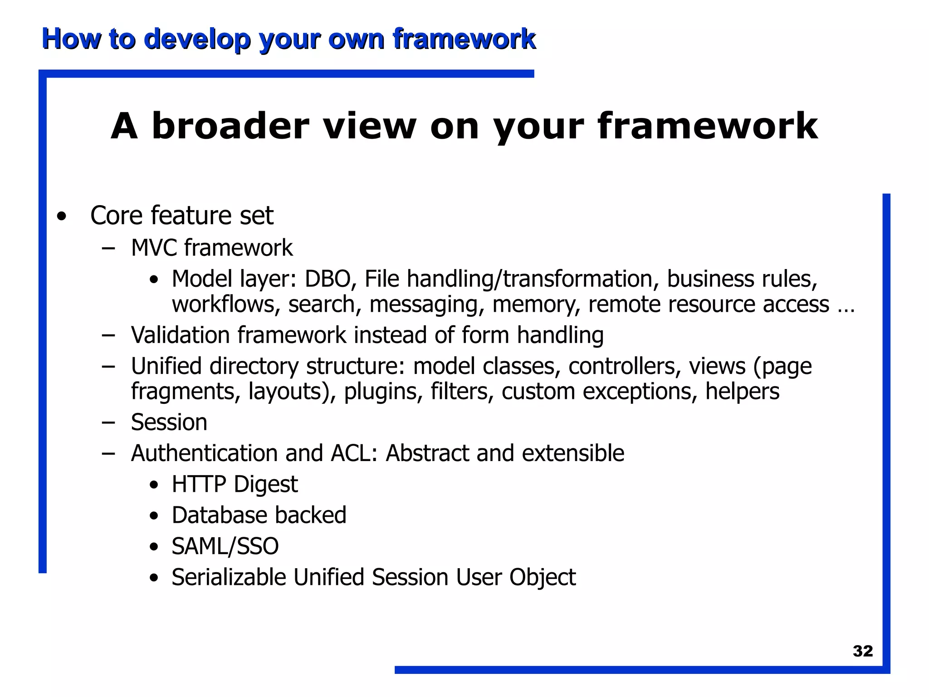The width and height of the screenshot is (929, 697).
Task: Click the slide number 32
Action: [x=862, y=651]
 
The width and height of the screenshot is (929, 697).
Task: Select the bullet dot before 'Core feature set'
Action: [x=62, y=217]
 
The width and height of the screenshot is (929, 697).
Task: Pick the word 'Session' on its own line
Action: [x=169, y=422]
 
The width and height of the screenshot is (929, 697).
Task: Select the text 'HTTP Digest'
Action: [x=235, y=484]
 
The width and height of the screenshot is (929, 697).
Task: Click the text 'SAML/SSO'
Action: [x=225, y=546]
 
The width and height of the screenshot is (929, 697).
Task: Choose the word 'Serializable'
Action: [x=229, y=578]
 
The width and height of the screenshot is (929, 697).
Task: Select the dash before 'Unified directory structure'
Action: [x=108, y=366]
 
